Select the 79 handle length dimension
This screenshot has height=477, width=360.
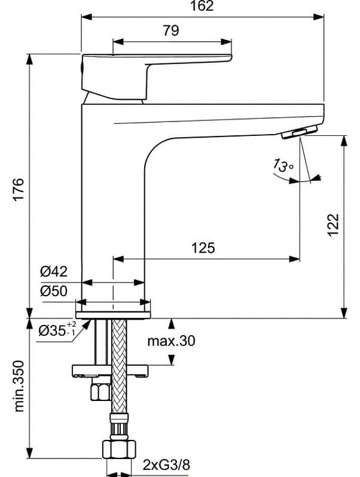(x=171, y=31)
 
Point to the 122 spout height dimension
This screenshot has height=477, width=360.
(x=334, y=224)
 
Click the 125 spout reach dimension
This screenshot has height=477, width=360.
(x=203, y=247)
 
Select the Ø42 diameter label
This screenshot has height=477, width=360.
(x=54, y=272)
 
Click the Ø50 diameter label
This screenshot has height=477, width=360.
(x=54, y=291)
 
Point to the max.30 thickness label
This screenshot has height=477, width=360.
(x=171, y=341)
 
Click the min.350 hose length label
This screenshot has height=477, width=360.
(x=19, y=385)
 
